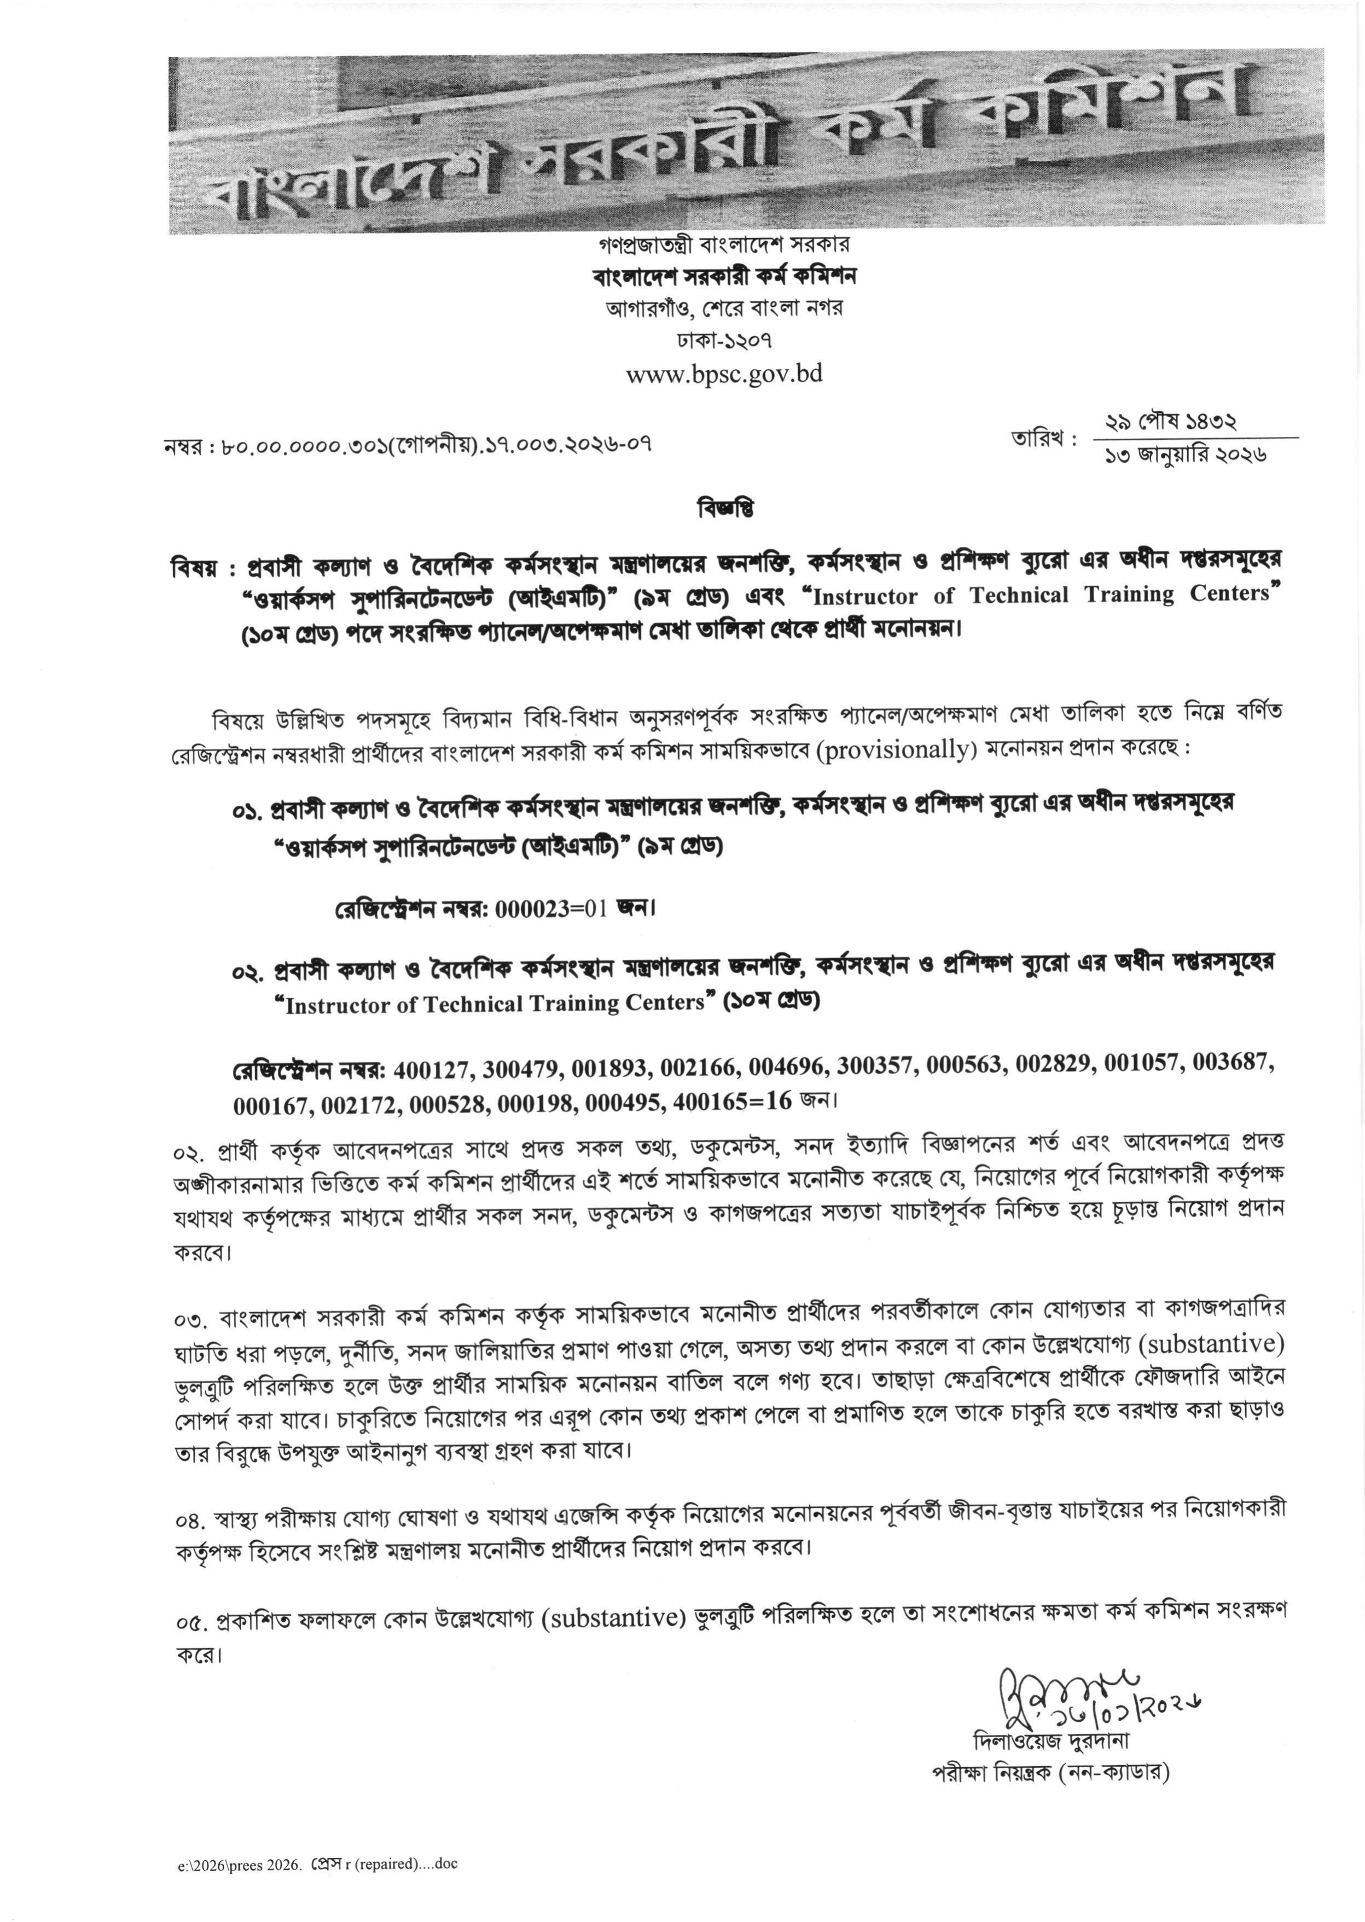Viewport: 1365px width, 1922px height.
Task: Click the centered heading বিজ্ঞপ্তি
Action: (725, 509)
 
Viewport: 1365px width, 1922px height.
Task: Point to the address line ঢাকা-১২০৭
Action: (724, 340)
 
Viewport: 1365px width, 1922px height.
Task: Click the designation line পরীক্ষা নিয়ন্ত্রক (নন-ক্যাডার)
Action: (1050, 1773)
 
